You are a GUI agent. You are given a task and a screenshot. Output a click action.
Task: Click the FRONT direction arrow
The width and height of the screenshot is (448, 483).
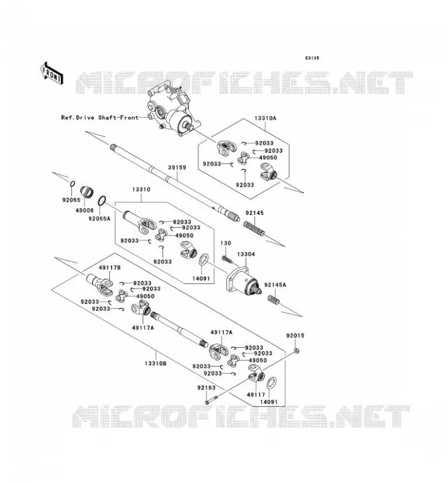point(52,73)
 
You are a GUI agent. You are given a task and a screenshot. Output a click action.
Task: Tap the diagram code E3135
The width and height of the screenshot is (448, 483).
point(312,58)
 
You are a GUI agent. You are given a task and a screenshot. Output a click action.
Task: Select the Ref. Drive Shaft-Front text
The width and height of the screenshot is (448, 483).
point(100,117)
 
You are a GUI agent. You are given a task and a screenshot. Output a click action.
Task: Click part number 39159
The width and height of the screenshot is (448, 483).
point(177,168)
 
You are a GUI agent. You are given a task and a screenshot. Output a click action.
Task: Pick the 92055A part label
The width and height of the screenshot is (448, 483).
point(99,219)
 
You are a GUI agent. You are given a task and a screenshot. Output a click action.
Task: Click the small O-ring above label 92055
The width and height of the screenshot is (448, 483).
point(72,184)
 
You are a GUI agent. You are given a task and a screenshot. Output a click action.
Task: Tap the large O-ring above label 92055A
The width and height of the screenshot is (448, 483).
point(102,201)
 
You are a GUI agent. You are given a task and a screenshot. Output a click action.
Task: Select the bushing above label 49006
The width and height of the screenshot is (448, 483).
point(87,193)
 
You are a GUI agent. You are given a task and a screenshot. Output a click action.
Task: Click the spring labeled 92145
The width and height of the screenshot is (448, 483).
point(254,229)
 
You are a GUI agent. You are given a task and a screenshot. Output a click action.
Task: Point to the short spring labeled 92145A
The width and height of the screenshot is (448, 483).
point(274,299)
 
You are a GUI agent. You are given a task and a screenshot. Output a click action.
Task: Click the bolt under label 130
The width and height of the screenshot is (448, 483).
point(226,258)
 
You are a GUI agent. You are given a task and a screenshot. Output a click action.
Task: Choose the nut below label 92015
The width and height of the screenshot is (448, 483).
point(296,351)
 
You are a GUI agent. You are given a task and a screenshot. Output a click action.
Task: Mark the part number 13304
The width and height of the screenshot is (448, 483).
point(246,254)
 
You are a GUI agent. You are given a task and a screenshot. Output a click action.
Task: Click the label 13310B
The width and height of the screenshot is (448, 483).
point(155,363)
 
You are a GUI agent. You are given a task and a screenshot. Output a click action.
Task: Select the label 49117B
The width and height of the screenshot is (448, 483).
point(110,267)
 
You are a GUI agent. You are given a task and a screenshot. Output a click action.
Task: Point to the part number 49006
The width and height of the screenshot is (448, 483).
point(85,210)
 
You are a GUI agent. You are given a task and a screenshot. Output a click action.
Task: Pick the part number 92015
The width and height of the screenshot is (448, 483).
point(295,336)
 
